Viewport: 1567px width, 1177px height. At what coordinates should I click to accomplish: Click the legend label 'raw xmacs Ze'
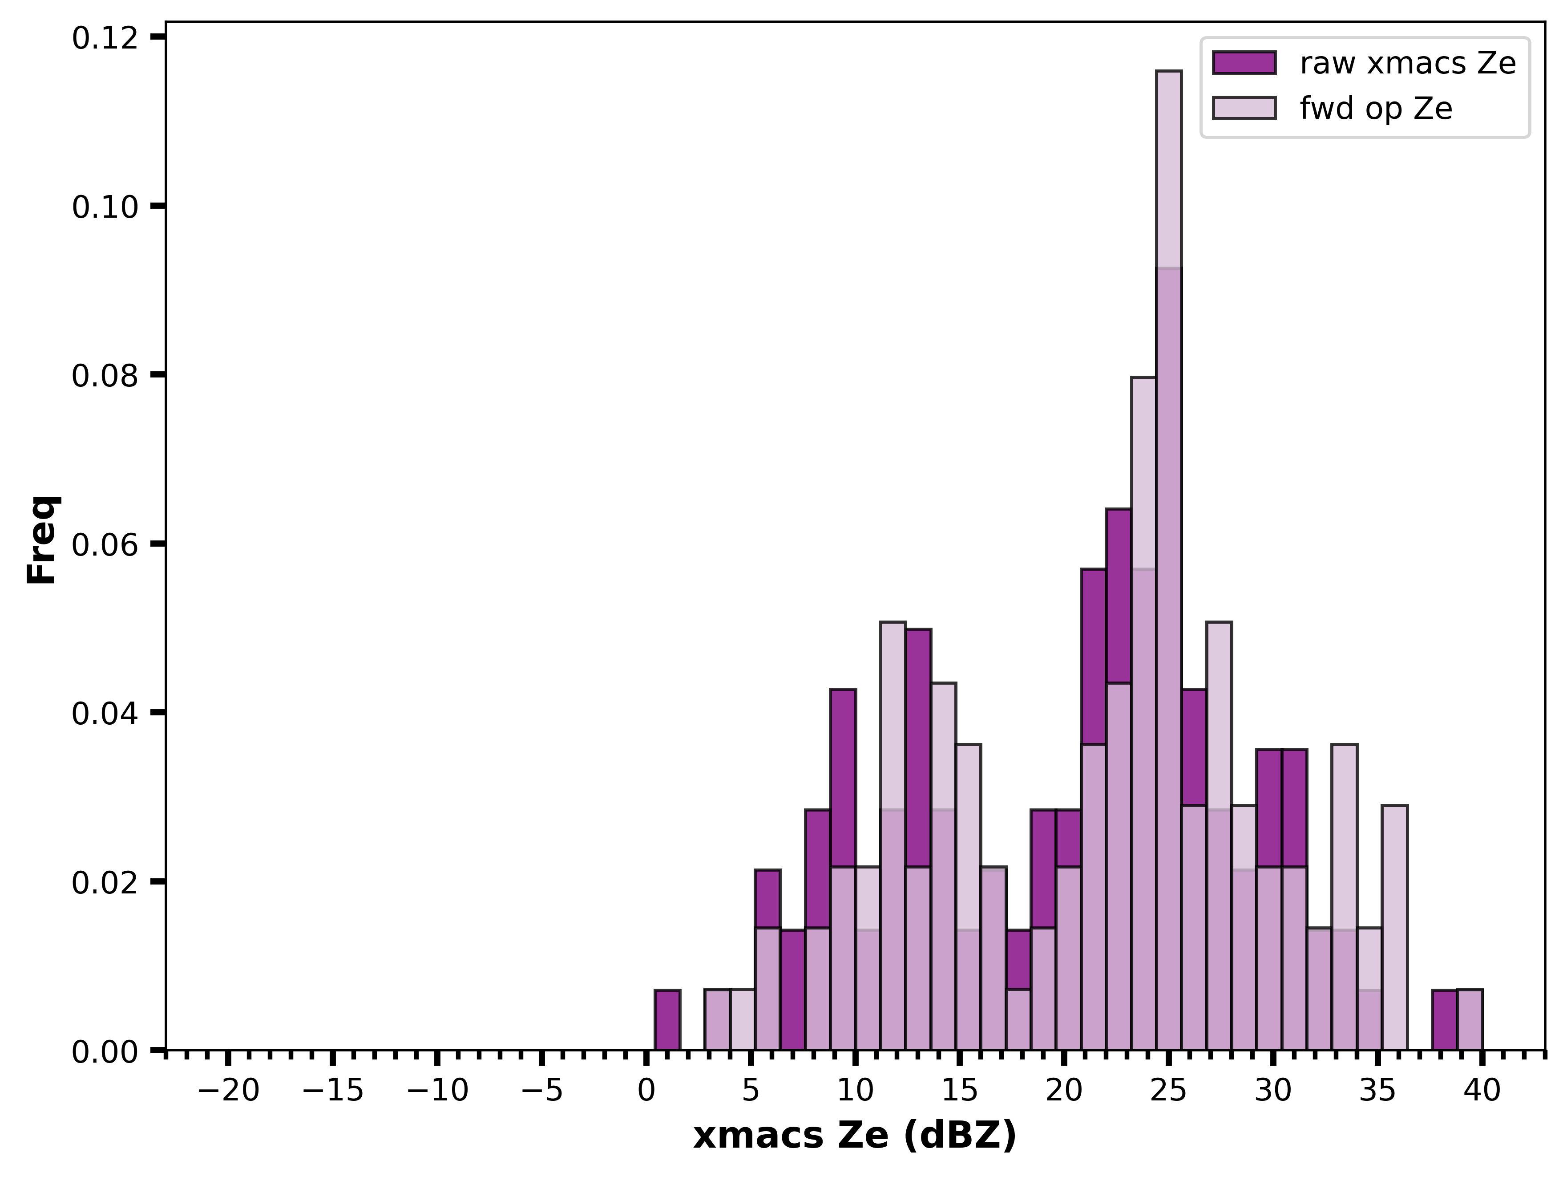[x=1408, y=64]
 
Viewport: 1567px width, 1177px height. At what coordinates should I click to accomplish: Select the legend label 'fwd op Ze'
[x=1377, y=109]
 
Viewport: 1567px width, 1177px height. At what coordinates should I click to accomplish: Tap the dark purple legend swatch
[x=1244, y=63]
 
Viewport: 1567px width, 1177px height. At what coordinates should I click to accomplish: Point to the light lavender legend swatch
[x=1244, y=108]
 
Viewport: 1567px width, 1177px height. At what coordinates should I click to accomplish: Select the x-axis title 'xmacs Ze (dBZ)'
[x=855, y=1136]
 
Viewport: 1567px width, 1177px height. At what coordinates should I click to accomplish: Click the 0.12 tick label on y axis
[x=103, y=37]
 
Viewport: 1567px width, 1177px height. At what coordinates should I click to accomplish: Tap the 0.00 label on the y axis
[x=103, y=1051]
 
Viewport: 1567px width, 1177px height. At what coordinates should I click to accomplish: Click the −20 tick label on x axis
[x=228, y=1091]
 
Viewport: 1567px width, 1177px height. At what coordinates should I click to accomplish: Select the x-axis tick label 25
[x=1169, y=1091]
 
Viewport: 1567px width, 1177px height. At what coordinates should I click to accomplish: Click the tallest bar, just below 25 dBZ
[x=1169, y=560]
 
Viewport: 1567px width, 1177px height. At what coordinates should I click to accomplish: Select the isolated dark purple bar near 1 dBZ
[x=667, y=1020]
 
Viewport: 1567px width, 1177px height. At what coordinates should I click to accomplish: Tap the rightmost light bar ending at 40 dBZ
[x=1470, y=1020]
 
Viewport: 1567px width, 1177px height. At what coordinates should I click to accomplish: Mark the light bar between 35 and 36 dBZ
[x=1395, y=928]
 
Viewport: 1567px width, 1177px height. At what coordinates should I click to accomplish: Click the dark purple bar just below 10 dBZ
[x=843, y=869]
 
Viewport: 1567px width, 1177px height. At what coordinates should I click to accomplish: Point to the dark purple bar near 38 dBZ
[x=1445, y=1020]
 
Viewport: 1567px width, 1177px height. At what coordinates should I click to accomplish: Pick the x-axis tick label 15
[x=960, y=1091]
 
